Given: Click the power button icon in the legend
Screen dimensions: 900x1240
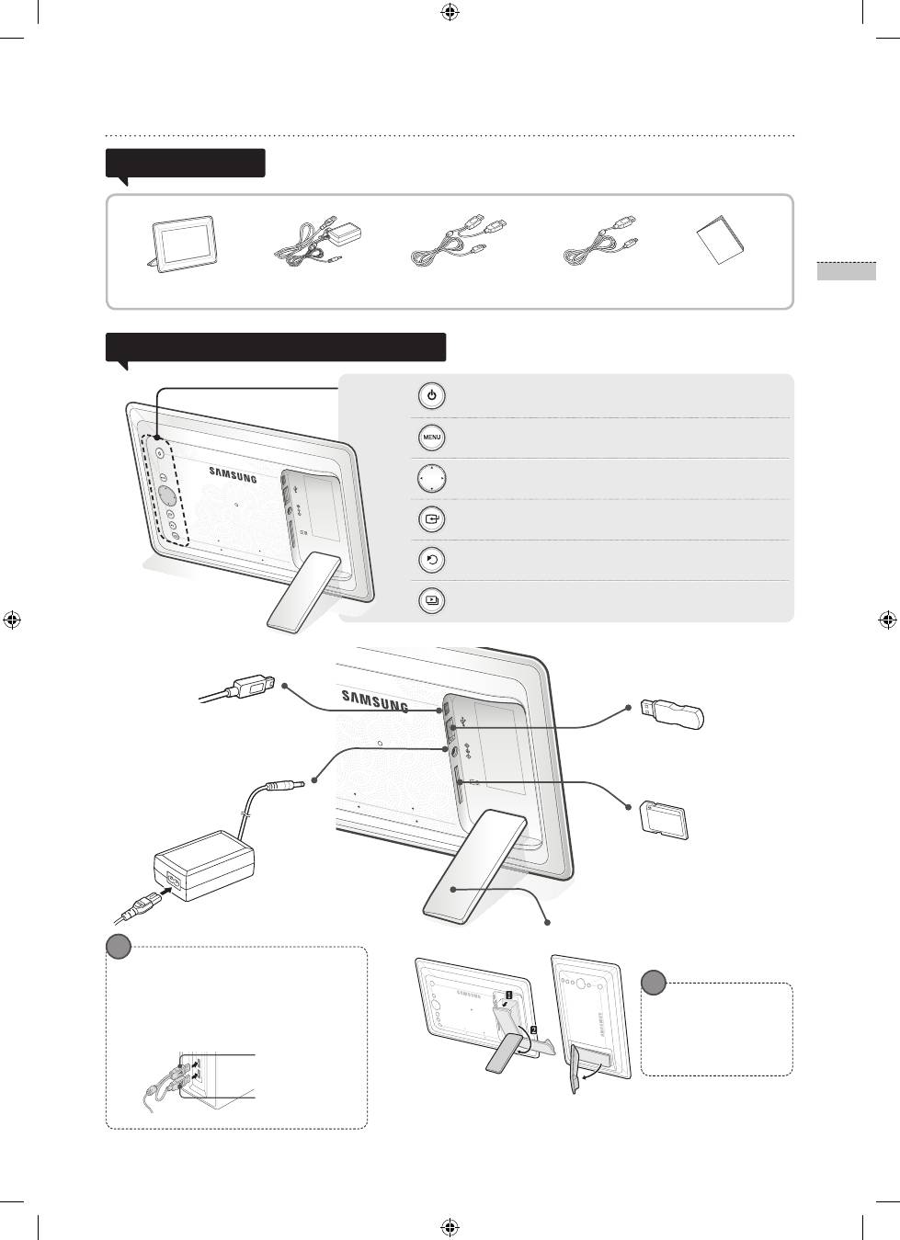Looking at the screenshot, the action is pos(431,396).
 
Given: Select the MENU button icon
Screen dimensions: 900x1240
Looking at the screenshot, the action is pos(431,438).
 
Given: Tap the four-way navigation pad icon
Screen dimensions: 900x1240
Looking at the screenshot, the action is pos(431,478).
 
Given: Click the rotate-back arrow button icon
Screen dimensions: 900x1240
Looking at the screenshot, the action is pos(431,560).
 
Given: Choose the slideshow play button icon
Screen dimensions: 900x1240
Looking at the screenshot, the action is pos(431,600).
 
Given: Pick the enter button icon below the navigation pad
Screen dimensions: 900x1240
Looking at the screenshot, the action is pos(431,519).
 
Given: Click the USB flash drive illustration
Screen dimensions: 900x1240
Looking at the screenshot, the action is pos(672,713).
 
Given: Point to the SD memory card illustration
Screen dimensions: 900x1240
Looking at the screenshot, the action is pos(665,821).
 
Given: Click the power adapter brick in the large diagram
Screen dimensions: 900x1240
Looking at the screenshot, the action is pos(204,865).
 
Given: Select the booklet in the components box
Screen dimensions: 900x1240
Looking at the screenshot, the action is pos(720,239).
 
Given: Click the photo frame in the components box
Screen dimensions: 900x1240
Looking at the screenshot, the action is pos(183,245).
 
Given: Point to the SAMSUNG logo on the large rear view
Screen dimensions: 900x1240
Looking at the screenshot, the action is pos(375,700).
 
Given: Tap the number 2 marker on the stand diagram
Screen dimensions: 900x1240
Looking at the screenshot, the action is pos(533,1030).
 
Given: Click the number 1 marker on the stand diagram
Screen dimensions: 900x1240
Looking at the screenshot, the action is pos(508,995).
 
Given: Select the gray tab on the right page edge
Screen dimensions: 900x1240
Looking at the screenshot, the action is pos(847,271).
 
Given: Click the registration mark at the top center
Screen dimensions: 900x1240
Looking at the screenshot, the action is pos(450,12).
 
